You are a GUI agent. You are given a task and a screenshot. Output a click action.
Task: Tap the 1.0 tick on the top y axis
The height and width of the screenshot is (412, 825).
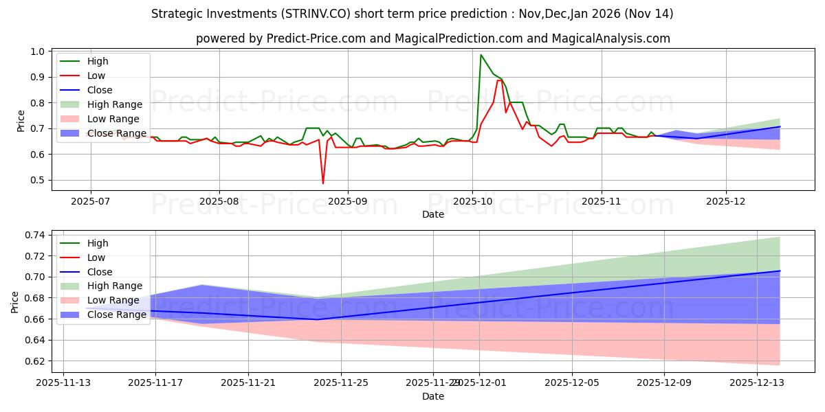pyautogui.click(x=38, y=51)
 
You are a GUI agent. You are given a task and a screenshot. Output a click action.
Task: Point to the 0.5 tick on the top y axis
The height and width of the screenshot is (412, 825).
pyautogui.click(x=38, y=180)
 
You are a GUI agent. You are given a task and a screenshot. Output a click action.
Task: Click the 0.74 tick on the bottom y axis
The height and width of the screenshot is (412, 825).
pyautogui.click(x=34, y=235)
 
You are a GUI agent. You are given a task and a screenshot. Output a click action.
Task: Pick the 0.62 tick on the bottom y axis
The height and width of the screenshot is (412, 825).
pyautogui.click(x=34, y=361)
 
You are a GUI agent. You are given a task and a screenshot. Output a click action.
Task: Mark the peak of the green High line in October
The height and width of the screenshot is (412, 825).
pyautogui.click(x=481, y=55)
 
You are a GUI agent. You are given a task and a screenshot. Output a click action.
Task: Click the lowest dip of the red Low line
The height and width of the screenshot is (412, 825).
pyautogui.click(x=323, y=183)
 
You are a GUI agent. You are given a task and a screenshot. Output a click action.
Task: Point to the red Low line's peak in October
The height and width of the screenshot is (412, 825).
pyautogui.click(x=499, y=80)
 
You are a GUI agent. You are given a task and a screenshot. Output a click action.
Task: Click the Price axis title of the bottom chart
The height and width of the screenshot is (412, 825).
pyautogui.click(x=15, y=301)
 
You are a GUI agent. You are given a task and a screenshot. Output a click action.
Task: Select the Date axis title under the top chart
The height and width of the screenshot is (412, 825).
pyautogui.click(x=433, y=214)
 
